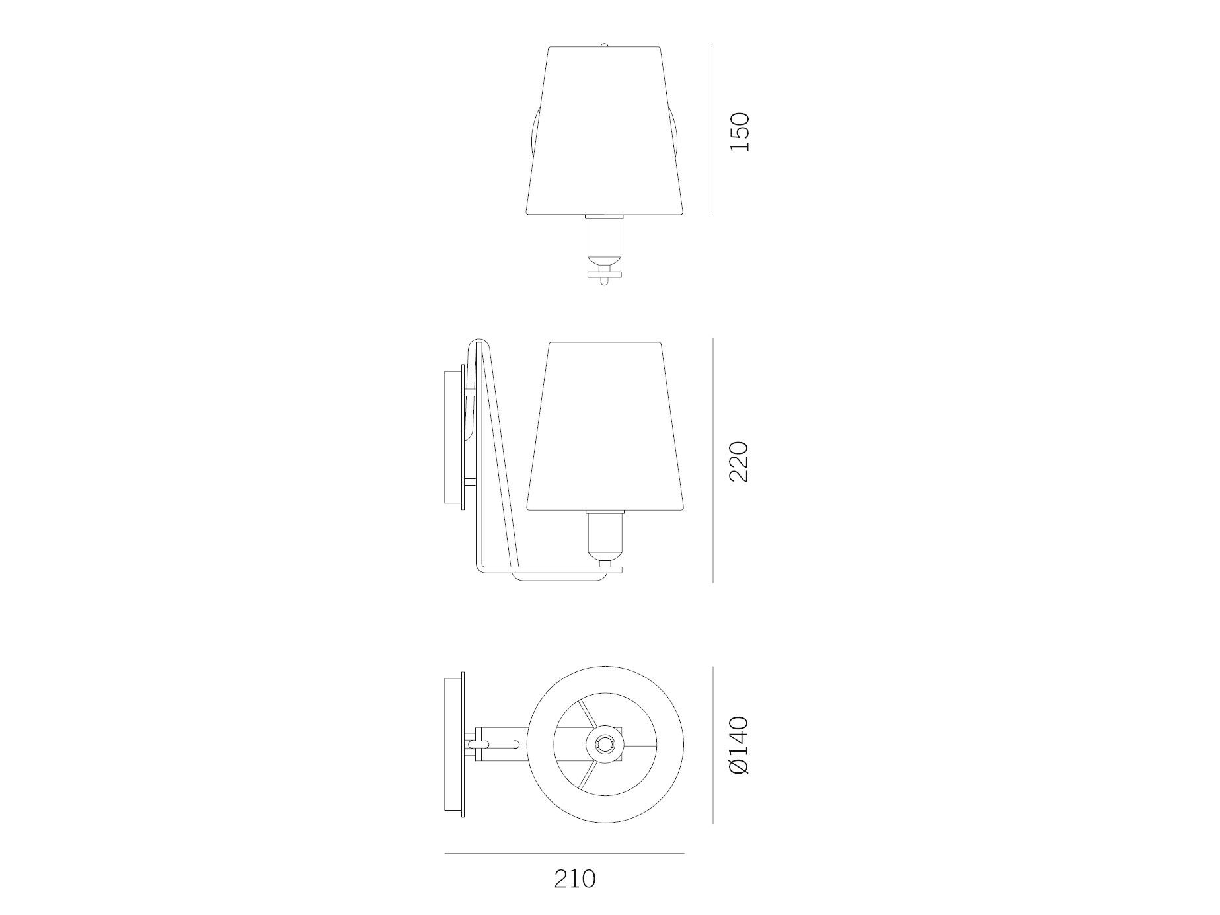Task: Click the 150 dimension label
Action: [x=741, y=132]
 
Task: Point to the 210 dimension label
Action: [x=575, y=878]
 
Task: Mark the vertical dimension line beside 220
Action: [x=712, y=460]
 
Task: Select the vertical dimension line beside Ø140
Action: [x=712, y=745]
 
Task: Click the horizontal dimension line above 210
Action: [x=564, y=853]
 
